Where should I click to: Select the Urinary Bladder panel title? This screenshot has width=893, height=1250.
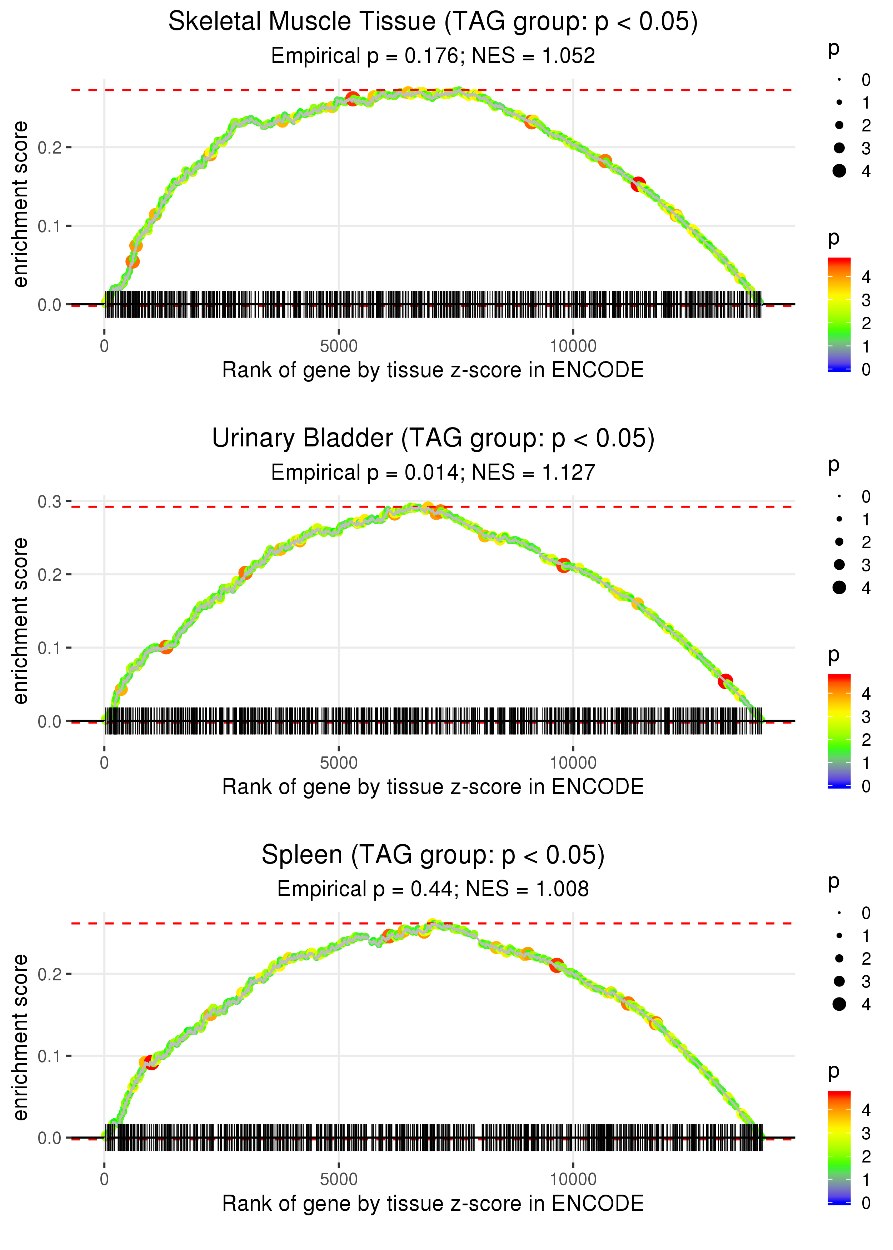click(433, 439)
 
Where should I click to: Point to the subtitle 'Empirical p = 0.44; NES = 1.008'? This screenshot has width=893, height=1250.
click(433, 889)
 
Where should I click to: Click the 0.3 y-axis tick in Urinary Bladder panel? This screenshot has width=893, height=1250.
click(50, 501)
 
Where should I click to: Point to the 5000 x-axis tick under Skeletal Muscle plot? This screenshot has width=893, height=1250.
click(338, 346)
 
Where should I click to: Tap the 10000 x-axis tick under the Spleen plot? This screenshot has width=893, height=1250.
click(573, 1179)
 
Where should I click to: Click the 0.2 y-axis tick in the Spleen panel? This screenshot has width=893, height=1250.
click(50, 974)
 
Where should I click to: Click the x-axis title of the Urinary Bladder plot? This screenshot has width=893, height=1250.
click(433, 787)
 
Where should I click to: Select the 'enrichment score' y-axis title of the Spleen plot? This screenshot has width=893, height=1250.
click(20, 1037)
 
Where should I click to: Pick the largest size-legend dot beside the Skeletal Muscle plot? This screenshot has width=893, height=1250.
click(839, 171)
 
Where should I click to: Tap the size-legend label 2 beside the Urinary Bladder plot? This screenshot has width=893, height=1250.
click(866, 542)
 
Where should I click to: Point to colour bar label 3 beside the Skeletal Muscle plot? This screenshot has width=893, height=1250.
click(866, 300)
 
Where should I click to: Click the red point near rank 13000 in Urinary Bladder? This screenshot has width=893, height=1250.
click(725, 681)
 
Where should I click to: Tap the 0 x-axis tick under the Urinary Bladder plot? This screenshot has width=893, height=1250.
click(104, 763)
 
